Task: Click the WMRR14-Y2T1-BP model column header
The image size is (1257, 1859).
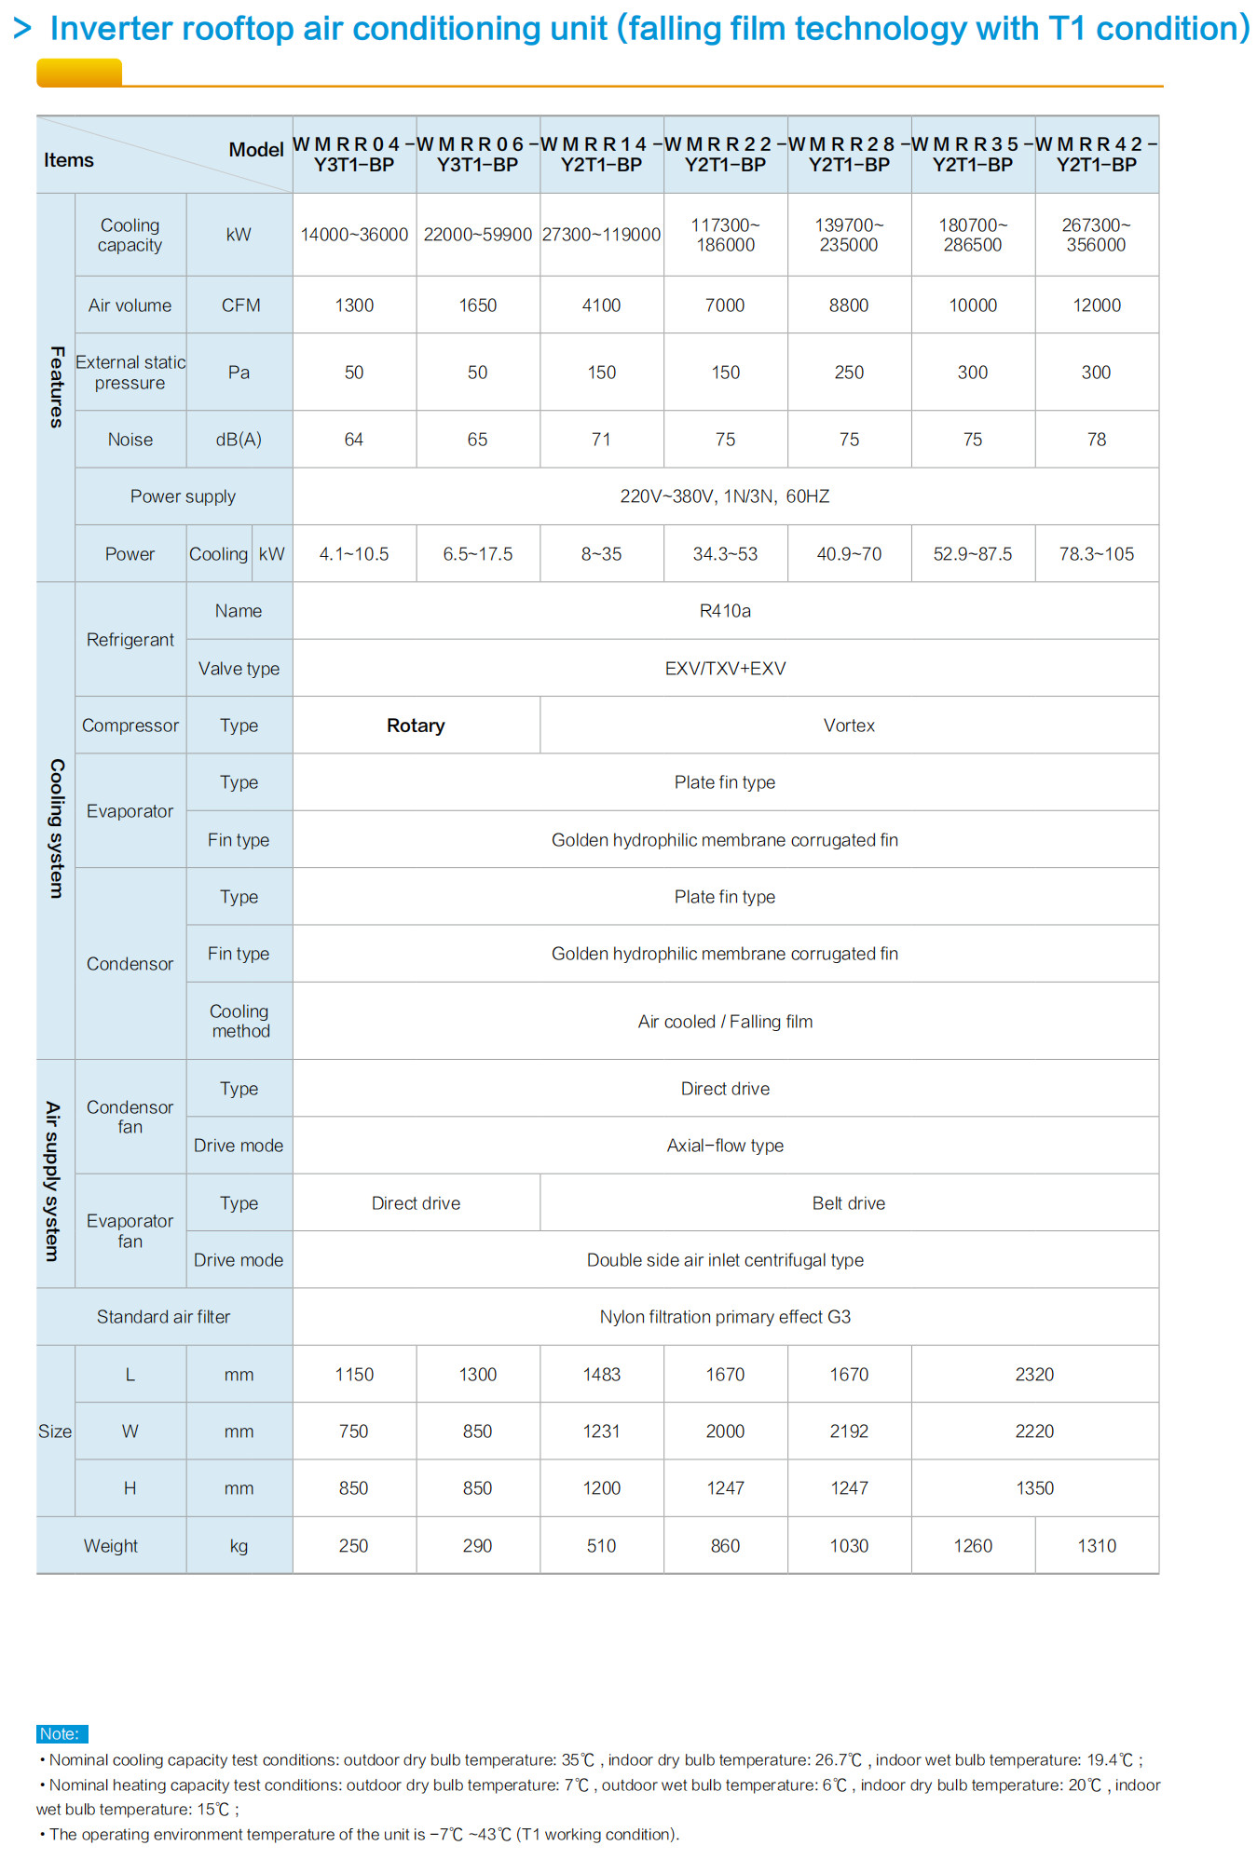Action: click(602, 155)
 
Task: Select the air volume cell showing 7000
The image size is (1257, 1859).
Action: click(725, 305)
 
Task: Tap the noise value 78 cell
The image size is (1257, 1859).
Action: click(1097, 440)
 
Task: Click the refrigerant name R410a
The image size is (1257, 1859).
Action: click(725, 611)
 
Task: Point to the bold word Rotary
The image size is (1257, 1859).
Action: click(416, 726)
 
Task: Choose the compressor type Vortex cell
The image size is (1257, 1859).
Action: click(849, 726)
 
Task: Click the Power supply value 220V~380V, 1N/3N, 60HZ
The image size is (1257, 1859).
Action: click(725, 496)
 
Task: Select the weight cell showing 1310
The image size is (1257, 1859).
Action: click(1097, 1546)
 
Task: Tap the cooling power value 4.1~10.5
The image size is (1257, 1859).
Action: click(354, 554)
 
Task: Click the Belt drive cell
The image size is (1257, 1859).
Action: click(849, 1203)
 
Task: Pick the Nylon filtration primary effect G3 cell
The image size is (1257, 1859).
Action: click(725, 1317)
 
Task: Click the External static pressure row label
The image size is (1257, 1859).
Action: click(130, 373)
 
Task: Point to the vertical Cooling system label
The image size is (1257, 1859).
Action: click(56, 828)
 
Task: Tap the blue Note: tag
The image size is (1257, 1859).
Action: click(61, 1733)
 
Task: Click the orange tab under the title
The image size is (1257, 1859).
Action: click(79, 73)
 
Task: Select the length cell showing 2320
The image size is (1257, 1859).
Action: click(1034, 1375)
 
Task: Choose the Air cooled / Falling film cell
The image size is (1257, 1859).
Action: click(725, 1022)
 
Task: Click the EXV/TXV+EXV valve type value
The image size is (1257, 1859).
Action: click(725, 669)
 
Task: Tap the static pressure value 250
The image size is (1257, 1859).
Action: click(849, 373)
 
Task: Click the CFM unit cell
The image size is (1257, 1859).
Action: click(240, 305)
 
